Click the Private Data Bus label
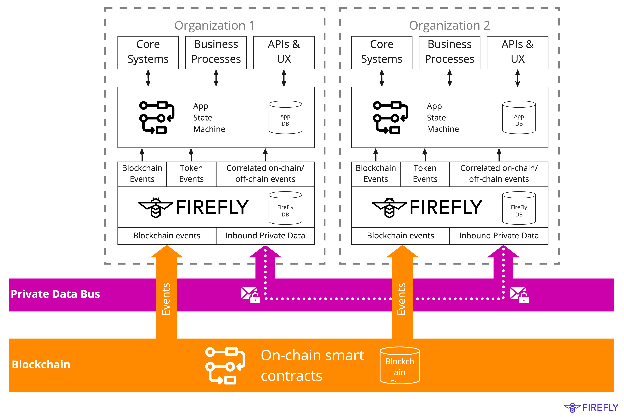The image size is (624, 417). coord(55,294)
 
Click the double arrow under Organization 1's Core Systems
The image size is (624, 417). coord(148,78)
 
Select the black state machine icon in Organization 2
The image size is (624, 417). coord(390,117)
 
